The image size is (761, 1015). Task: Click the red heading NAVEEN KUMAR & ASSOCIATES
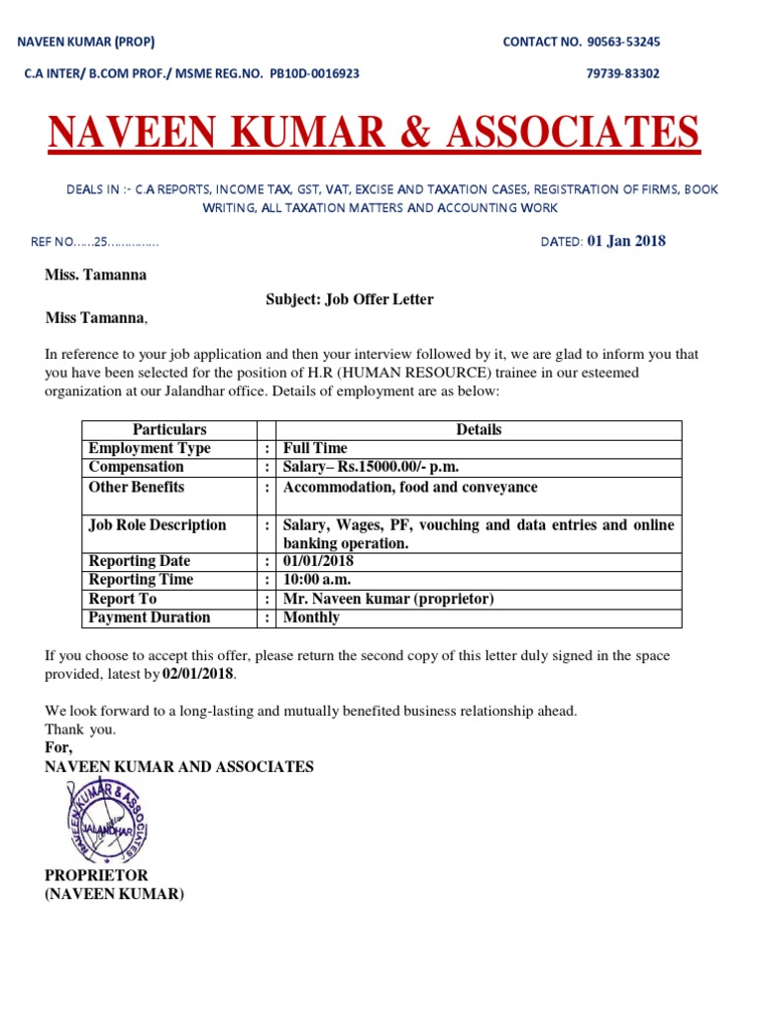coord(375,132)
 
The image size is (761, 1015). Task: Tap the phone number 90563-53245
coord(623,42)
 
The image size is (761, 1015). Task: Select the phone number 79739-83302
coord(623,73)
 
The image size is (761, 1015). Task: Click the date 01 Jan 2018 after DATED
coord(627,241)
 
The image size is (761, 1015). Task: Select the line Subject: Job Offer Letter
coord(349,299)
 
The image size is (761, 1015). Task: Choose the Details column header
coord(479,430)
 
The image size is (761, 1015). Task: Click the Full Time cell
coord(315,449)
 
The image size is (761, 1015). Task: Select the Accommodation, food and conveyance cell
coord(411,488)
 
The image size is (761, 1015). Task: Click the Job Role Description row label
coord(158,525)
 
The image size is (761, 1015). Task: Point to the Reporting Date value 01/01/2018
coord(318,562)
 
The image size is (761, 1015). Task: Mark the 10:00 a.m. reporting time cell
coord(317,580)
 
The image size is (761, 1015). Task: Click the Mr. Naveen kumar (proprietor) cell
coord(388,600)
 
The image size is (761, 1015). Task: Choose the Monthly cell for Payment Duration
coord(311,618)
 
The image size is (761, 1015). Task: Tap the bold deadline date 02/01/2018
coord(198,674)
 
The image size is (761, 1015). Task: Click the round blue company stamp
coord(108,821)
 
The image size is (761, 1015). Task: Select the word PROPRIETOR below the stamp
coord(96,876)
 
